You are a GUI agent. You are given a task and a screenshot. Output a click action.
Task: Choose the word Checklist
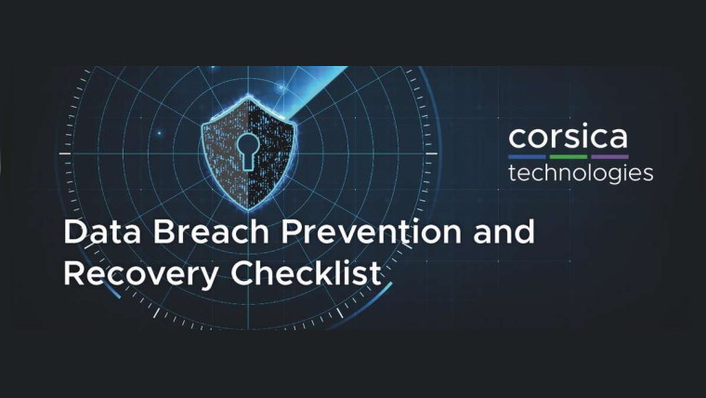point(307,272)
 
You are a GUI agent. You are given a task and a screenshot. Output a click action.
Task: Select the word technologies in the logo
point(581,174)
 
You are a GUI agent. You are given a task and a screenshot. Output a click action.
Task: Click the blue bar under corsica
point(527,157)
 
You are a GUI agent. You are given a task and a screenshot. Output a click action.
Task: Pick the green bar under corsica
point(569,157)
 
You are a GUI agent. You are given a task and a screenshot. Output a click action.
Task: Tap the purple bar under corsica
point(609,157)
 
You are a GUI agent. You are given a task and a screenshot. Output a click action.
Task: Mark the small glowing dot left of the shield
point(159,133)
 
